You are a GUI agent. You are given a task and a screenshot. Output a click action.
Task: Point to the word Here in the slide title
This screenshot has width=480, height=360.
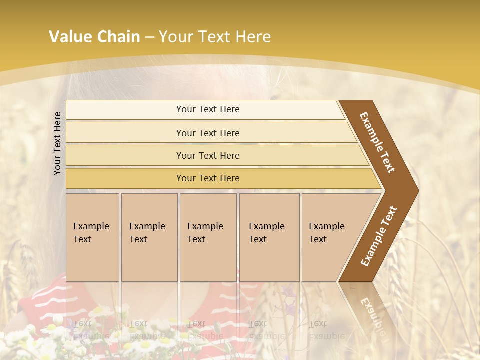coord(253,37)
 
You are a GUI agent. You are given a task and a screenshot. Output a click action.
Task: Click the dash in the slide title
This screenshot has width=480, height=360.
coord(149,37)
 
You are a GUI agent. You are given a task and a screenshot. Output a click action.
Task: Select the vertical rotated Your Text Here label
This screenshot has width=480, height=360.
coord(57,143)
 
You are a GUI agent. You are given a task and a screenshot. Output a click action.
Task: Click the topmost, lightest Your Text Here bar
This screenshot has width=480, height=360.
coord(208,109)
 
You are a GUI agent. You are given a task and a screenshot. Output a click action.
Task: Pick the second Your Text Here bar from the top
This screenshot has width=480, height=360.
coord(208,133)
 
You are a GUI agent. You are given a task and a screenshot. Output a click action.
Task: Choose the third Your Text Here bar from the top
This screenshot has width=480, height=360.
coord(208,155)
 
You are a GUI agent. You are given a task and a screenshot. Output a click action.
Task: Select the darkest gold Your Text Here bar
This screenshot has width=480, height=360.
coord(208,178)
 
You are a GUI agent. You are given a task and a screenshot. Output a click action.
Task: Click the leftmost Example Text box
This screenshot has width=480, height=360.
coord(92,237)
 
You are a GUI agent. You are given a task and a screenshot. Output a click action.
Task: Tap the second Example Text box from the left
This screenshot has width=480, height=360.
coord(149,237)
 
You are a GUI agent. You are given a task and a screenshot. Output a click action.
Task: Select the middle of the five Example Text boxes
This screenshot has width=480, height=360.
coord(208,237)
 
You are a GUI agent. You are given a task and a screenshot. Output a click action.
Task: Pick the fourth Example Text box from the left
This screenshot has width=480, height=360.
coord(269,237)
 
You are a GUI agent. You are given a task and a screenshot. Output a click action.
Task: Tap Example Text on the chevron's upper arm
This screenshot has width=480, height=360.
coord(377,142)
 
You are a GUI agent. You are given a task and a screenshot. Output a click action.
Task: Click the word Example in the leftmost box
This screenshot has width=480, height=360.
coord(91,226)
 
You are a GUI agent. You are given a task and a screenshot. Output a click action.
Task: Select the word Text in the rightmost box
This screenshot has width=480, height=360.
coord(318,239)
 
